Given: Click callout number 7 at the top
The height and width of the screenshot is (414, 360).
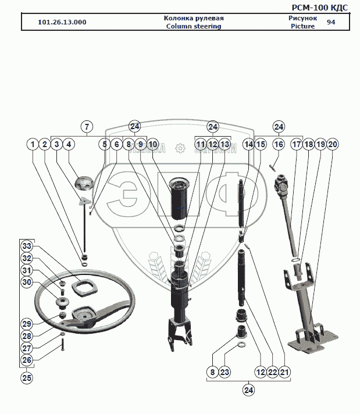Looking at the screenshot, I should pos(86,127).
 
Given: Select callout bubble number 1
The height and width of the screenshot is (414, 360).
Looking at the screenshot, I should pos(33,144).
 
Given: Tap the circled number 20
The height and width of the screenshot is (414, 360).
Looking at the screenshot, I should pos(332,144).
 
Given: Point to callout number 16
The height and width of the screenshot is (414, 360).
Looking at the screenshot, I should pos(279,144).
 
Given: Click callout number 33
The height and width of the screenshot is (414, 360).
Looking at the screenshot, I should pos(27,245).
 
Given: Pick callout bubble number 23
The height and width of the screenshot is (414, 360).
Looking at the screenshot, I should pos(226,372).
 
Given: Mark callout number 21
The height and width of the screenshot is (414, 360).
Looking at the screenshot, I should pos(284,372).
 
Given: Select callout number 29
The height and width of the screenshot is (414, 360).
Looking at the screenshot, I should pos(27,324).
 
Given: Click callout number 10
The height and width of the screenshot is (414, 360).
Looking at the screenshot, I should pos(152,144).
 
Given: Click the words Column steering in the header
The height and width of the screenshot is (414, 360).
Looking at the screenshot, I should pos(194,27).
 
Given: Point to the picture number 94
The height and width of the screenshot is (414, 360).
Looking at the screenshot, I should pos(331,22).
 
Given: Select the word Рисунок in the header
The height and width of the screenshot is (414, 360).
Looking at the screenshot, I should pos(302,18).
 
